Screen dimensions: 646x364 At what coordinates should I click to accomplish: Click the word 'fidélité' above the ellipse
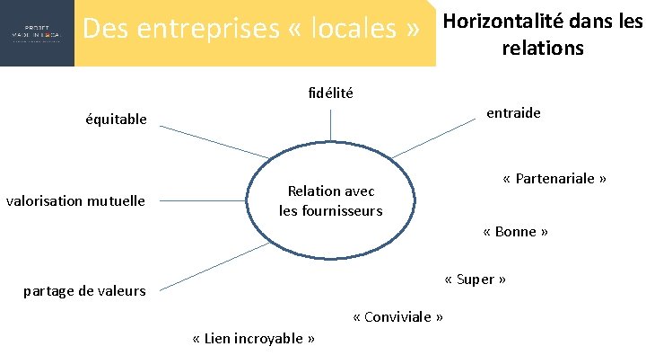[x=330, y=93]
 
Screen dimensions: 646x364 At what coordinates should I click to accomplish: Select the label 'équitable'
[x=116, y=119]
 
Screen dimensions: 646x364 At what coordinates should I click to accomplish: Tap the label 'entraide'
[x=513, y=113]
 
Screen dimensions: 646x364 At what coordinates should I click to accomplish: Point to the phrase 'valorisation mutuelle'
[x=75, y=200]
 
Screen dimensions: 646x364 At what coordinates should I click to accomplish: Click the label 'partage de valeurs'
[x=84, y=289]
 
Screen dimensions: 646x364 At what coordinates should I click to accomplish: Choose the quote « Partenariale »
[x=554, y=178]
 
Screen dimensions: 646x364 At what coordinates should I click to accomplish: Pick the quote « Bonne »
[x=515, y=231]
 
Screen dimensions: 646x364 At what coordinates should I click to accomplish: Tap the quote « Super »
[x=475, y=279]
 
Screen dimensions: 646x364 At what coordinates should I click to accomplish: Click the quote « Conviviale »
[x=398, y=316]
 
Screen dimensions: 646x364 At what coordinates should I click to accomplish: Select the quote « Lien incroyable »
[x=254, y=338]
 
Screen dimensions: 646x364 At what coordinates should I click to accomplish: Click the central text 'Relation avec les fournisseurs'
[x=330, y=200]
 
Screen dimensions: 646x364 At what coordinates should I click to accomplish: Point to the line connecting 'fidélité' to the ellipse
[x=330, y=124]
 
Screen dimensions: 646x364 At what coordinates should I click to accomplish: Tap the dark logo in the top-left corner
[x=37, y=33]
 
